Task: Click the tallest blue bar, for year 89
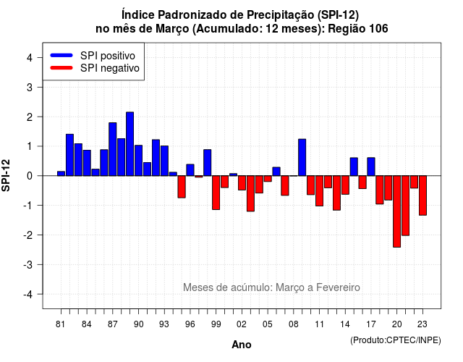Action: (130, 144)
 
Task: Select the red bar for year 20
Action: (397, 211)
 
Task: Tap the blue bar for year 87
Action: (113, 149)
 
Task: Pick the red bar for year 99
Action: (216, 193)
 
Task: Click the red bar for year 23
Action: (422, 195)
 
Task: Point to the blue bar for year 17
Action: (371, 167)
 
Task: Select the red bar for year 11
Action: (319, 191)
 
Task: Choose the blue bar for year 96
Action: (190, 170)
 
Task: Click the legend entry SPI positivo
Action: (108, 56)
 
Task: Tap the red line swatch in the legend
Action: (61, 68)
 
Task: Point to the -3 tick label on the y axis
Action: (28, 264)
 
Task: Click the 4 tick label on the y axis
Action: (30, 58)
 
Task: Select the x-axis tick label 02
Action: (242, 324)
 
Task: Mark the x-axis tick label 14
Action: (345, 324)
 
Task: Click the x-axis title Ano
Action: (242, 345)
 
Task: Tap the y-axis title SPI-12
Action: (6, 175)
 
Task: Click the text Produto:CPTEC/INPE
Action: (396, 340)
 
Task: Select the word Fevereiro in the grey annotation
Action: (338, 287)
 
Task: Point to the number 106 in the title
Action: (378, 29)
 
